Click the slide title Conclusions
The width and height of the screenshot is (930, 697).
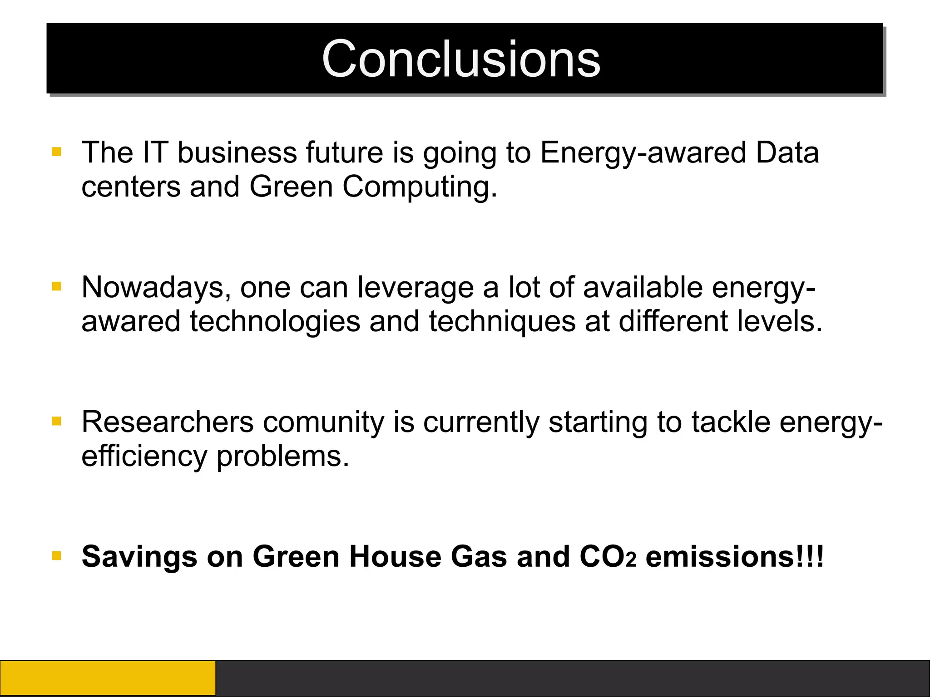(x=461, y=59)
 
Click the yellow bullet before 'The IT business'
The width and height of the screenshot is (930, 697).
(x=57, y=152)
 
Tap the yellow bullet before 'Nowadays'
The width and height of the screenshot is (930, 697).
(x=57, y=286)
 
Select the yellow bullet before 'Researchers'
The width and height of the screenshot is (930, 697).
(x=57, y=421)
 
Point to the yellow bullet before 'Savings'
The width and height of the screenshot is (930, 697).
(x=57, y=555)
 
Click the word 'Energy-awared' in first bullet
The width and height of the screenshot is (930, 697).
(x=643, y=153)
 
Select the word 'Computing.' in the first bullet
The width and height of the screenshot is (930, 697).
(x=420, y=187)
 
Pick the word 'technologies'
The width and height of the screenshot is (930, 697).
(x=275, y=321)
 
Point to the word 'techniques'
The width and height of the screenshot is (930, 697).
(x=502, y=321)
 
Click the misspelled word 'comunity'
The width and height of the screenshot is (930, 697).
(x=323, y=422)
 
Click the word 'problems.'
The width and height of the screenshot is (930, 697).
(x=282, y=456)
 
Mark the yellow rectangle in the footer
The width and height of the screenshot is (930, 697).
(x=108, y=678)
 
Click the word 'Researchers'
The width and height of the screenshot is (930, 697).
(x=168, y=422)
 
